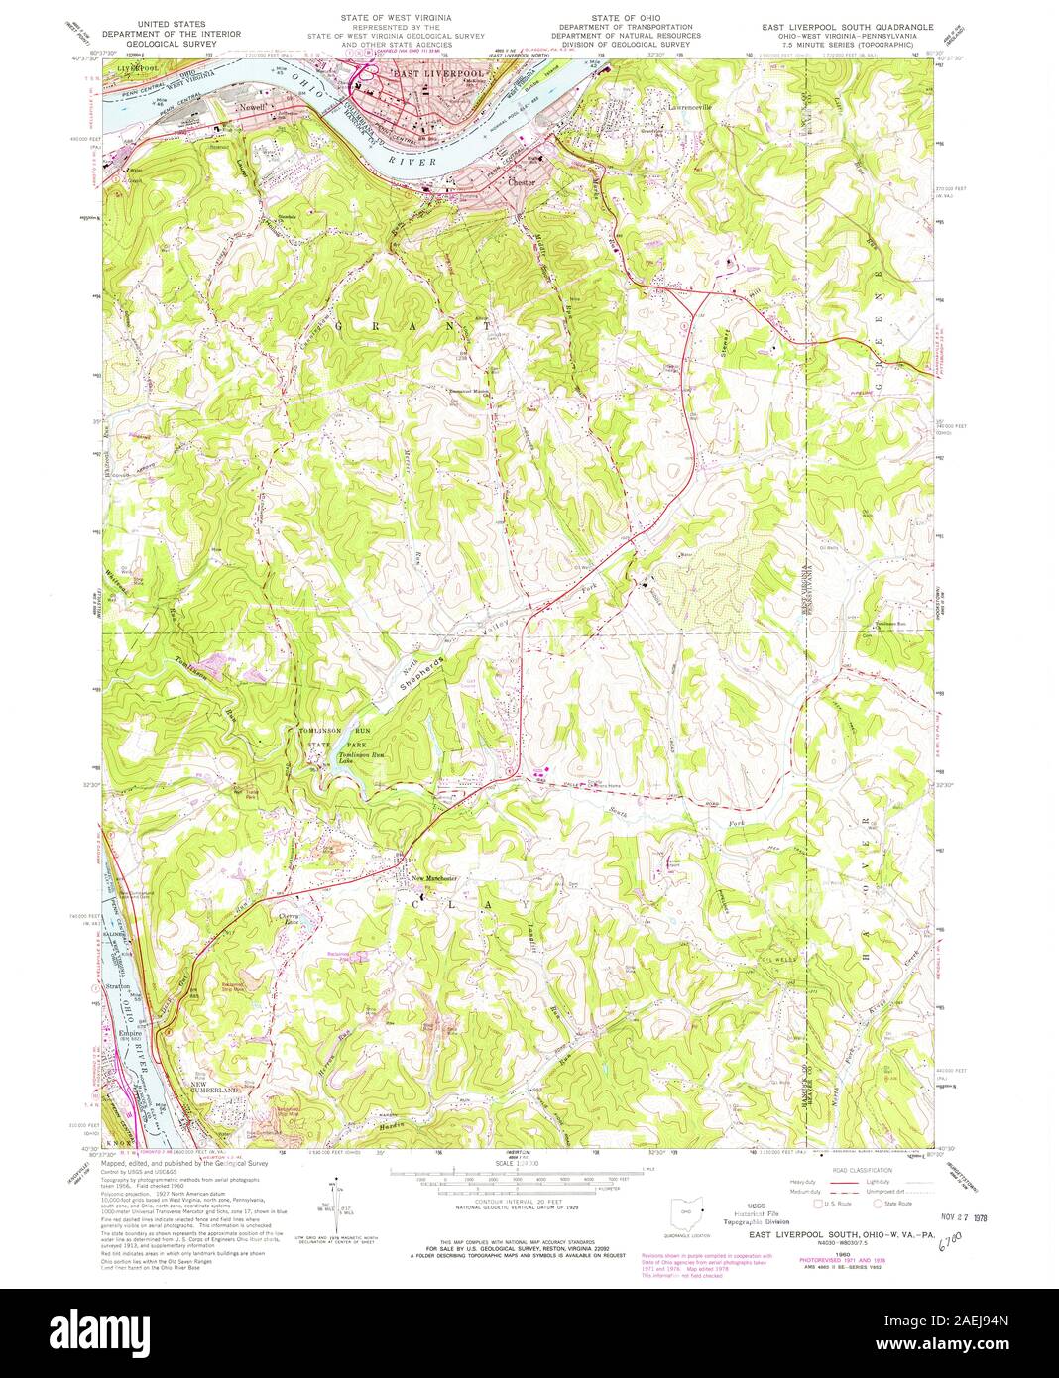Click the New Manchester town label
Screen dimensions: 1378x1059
[x=434, y=879]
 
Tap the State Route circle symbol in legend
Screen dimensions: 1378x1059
[x=879, y=1204]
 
